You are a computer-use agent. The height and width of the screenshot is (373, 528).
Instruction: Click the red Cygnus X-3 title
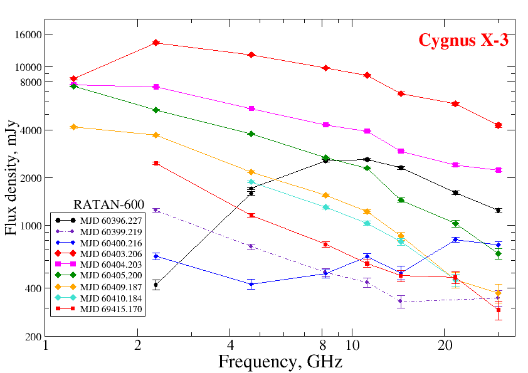pyautogui.click(x=463, y=41)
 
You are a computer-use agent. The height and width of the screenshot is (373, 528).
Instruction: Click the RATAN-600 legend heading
pyautogui.click(x=109, y=204)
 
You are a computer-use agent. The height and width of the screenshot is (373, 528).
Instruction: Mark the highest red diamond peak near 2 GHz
pyautogui.click(x=156, y=43)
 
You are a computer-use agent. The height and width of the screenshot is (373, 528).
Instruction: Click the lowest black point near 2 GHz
pyautogui.click(x=156, y=285)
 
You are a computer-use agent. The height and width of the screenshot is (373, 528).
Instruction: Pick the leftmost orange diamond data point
pyautogui.click(x=73, y=127)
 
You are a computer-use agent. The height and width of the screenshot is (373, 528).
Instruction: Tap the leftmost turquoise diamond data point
pyautogui.click(x=251, y=182)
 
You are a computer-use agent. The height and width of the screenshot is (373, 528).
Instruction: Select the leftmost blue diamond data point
pyautogui.click(x=156, y=256)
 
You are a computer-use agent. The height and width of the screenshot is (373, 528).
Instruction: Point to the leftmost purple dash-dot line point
pyautogui.click(x=156, y=210)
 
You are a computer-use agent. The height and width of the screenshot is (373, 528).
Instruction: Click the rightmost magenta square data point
pyautogui.click(x=499, y=170)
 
